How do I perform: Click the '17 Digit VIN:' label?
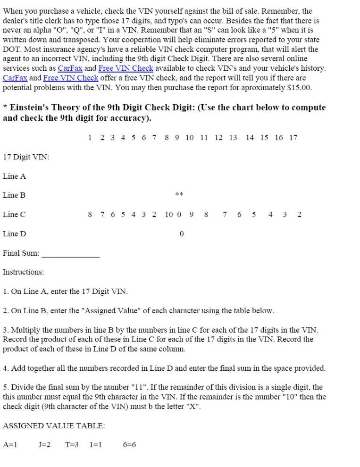click(x=26, y=157)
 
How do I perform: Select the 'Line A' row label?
click(x=15, y=176)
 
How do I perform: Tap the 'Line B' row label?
click(x=14, y=195)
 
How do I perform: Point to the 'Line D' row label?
click(x=15, y=233)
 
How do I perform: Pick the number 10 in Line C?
click(x=168, y=214)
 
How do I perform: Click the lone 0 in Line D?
click(x=182, y=233)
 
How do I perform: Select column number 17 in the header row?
click(x=293, y=137)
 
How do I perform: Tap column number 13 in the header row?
click(x=233, y=137)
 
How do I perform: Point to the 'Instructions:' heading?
click(x=23, y=272)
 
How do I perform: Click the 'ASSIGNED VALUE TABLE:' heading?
click(x=54, y=425)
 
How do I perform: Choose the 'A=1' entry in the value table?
click(x=10, y=444)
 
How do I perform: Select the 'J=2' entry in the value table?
click(x=44, y=444)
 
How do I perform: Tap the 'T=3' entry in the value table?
click(x=72, y=444)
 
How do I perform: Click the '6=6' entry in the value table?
click(x=129, y=444)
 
